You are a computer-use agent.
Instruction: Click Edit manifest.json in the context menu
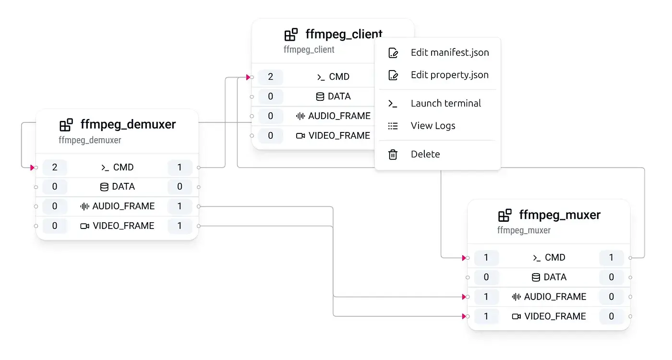tap(450, 53)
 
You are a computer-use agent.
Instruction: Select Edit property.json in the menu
tap(449, 75)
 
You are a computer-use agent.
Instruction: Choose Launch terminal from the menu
tap(445, 103)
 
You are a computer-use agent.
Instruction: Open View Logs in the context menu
tap(432, 126)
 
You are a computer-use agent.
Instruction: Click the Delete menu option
tap(425, 154)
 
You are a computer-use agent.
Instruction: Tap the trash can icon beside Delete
tap(393, 154)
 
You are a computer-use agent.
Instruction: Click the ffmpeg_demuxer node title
tap(128, 124)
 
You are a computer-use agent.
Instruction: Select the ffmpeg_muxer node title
tap(560, 215)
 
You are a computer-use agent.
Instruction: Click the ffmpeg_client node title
tap(344, 35)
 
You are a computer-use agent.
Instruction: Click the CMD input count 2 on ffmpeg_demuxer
tap(55, 168)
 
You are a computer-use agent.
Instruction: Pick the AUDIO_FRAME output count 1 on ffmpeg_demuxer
tap(180, 206)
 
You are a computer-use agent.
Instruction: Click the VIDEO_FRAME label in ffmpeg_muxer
tap(555, 316)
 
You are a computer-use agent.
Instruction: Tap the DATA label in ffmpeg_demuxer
tap(123, 187)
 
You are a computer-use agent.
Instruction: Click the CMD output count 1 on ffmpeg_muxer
tap(611, 258)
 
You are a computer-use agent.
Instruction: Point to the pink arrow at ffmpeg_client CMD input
tap(248, 77)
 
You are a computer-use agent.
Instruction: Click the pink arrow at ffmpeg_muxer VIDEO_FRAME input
tap(464, 316)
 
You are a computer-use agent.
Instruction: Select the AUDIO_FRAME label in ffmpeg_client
tap(339, 116)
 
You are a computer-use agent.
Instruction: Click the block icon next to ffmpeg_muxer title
tap(504, 215)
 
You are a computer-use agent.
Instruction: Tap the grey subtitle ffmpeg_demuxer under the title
tap(90, 140)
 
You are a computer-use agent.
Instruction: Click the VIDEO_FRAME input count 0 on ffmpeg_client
tap(270, 136)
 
